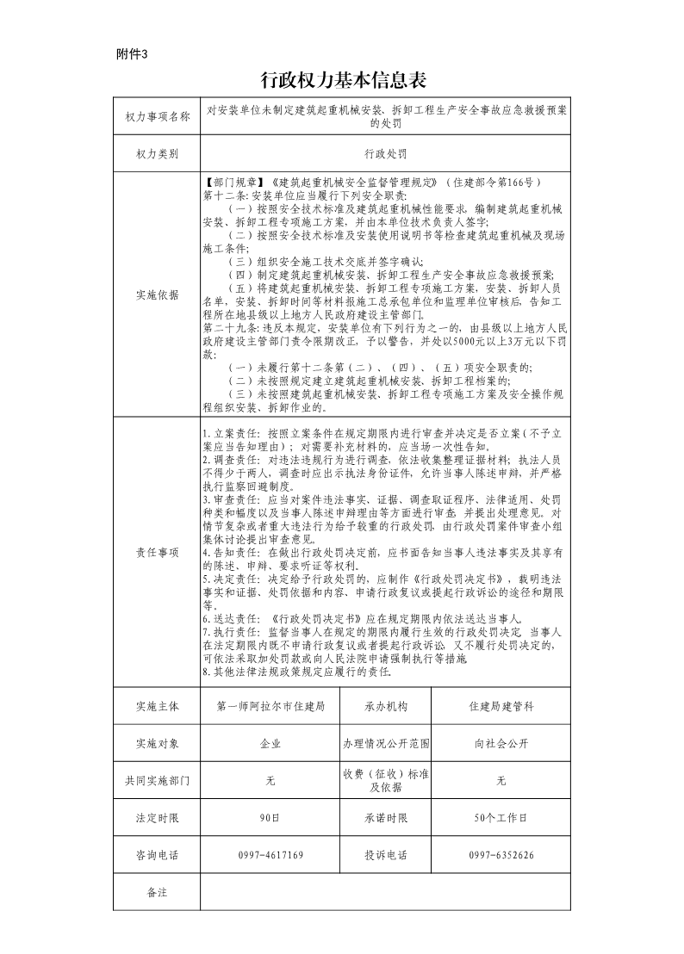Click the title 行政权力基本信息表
pyautogui.click(x=344, y=81)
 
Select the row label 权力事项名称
pyautogui.click(x=157, y=116)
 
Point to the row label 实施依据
pyautogui.click(x=157, y=294)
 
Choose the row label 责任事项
pyautogui.click(x=157, y=552)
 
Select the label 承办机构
pyautogui.click(x=385, y=706)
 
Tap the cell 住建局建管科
pyautogui.click(x=501, y=706)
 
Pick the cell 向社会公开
pyautogui.click(x=501, y=743)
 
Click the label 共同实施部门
pyautogui.click(x=157, y=780)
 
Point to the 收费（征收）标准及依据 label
pyautogui.click(x=385, y=780)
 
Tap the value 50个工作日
pyautogui.click(x=501, y=817)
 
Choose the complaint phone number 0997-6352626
pyautogui.click(x=501, y=855)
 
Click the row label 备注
pyautogui.click(x=157, y=892)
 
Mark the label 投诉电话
pyautogui.click(x=385, y=855)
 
